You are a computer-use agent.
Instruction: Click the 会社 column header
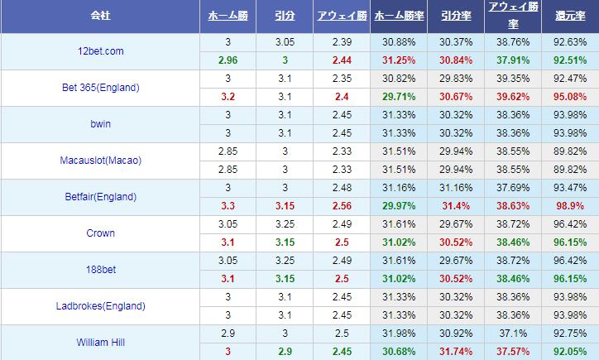100,16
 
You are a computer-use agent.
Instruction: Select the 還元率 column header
568,16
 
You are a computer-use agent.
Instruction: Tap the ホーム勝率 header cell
400,16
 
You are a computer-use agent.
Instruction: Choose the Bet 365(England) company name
100,88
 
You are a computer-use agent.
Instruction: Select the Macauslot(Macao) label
101,161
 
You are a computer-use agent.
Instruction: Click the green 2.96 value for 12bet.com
228,60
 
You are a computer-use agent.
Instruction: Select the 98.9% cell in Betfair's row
568,204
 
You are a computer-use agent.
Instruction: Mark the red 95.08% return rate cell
568,96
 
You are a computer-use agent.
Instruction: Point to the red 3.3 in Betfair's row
228,204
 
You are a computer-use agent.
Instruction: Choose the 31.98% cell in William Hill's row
400,333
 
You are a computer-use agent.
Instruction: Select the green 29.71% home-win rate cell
400,96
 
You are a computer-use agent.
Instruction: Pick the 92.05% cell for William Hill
568,351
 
